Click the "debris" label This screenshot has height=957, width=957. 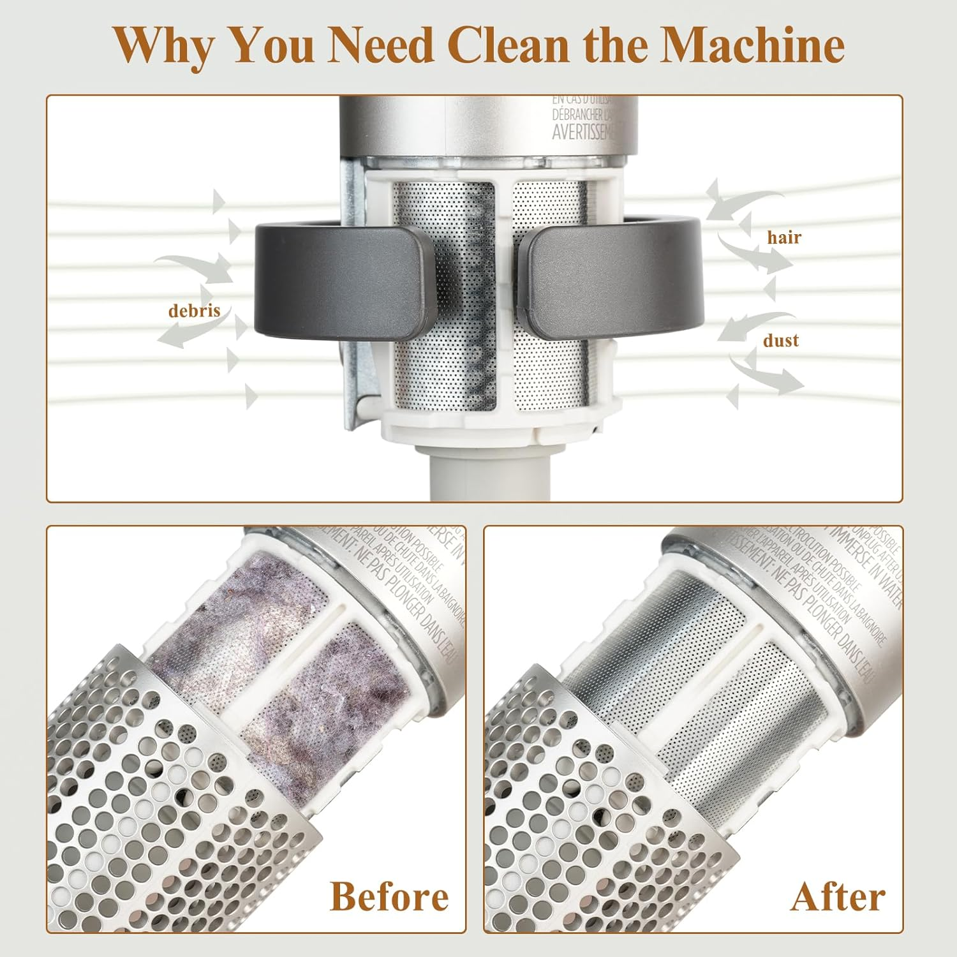coord(194,311)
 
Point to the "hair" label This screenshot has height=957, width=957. coord(783,237)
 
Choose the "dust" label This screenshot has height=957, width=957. coord(781,340)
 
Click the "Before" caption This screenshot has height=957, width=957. coord(389,896)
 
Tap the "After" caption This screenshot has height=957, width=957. coord(838,896)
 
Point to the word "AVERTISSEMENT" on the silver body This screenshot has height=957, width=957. coord(582,132)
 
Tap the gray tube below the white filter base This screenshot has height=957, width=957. coord(482,472)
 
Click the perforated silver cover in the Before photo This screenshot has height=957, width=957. coord(159,797)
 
